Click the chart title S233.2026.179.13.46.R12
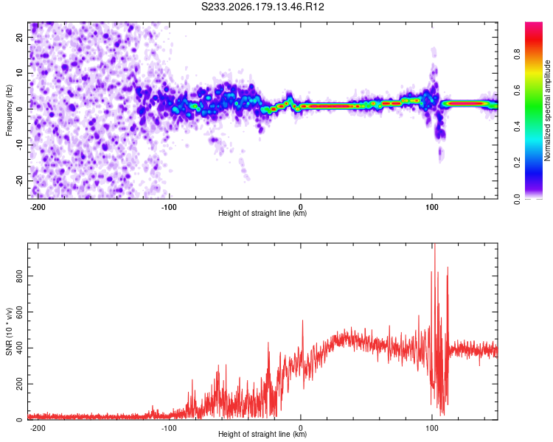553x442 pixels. (x=262, y=7)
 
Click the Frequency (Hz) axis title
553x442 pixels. (x=9, y=110)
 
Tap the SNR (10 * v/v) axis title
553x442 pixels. (x=9, y=331)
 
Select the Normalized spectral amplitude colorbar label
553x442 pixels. (x=547, y=110)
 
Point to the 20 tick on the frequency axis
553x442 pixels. (x=19, y=37)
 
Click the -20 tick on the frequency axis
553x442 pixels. (x=19, y=180)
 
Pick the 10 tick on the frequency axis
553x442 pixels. (x=19, y=73)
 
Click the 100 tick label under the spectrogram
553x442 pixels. (x=431, y=207)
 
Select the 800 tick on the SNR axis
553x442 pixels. (x=19, y=276)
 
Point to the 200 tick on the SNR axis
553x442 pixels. (x=19, y=384)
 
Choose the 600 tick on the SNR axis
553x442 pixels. (x=19, y=312)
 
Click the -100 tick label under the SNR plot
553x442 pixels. (x=168, y=428)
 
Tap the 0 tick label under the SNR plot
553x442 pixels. (x=301, y=428)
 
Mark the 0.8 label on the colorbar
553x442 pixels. (x=517, y=55)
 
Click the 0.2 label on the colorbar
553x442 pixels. (x=517, y=163)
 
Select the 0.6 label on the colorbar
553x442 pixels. (x=517, y=91)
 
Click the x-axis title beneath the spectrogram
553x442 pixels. (x=262, y=213)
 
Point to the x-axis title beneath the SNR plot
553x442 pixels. (x=262, y=434)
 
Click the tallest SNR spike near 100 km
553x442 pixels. (x=435, y=245)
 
